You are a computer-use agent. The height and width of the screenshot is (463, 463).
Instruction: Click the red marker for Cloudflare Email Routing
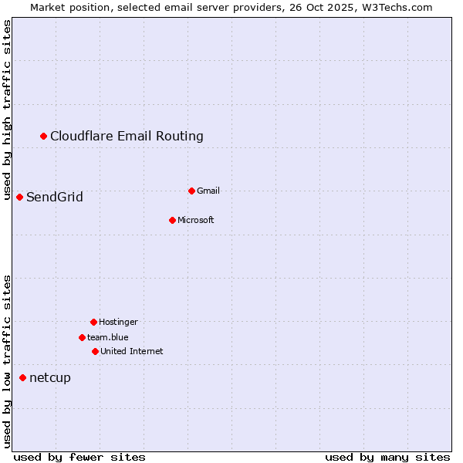[44, 137]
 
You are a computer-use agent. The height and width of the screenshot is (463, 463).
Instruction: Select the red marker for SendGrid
[20, 198]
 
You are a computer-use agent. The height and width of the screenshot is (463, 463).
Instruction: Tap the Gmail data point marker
[191, 191]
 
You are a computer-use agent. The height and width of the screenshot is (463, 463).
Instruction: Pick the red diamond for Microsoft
[172, 221]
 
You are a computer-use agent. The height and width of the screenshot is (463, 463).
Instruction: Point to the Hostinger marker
[93, 322]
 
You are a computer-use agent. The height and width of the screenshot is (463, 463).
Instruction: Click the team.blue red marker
[82, 337]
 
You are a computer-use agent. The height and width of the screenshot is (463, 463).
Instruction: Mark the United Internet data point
[95, 351]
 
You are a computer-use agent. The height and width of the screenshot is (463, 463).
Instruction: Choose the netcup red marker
[23, 377]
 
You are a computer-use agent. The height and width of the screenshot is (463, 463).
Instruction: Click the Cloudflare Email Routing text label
[127, 137]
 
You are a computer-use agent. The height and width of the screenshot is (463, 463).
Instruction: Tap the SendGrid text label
[55, 198]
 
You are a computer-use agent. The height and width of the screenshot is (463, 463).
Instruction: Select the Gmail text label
[208, 191]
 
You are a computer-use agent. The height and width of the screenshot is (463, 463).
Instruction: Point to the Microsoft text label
[196, 221]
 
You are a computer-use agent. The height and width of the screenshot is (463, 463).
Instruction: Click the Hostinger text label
[118, 322]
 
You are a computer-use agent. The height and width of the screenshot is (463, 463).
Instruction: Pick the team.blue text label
[108, 337]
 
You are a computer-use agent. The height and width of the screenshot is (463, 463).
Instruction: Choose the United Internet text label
[132, 351]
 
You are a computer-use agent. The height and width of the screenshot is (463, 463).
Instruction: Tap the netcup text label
[50, 377]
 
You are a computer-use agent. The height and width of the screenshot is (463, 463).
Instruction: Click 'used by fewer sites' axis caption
[79, 457]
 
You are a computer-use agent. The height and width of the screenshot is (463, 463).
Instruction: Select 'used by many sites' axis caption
[387, 457]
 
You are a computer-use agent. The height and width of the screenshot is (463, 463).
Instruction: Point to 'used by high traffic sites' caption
[8, 110]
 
